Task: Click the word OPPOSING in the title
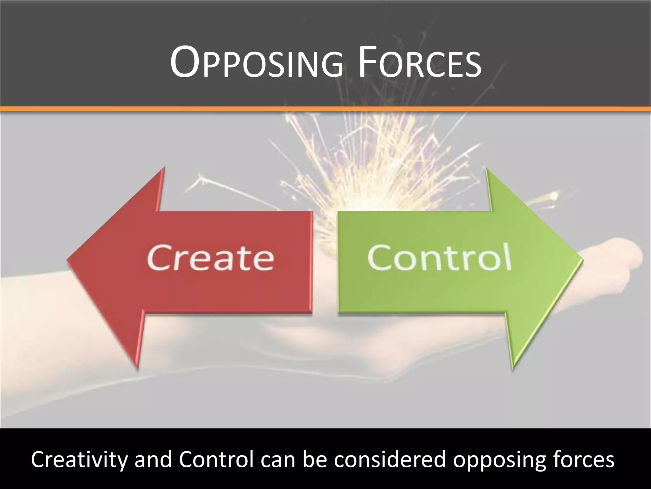257,63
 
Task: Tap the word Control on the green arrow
439,257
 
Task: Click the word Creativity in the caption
79,459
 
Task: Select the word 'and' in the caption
153,459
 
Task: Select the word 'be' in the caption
315,459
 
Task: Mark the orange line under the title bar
325,109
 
